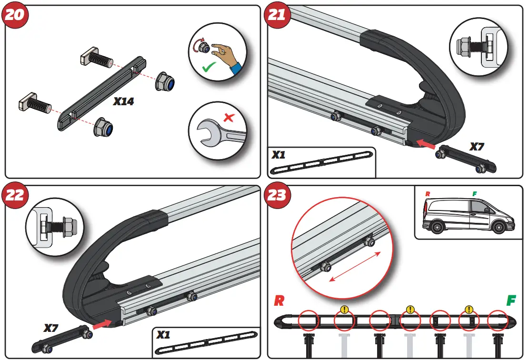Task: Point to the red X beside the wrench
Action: (x=230, y=116)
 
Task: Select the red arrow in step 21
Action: (x=425, y=144)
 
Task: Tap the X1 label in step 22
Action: (x=164, y=335)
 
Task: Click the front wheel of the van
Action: (x=498, y=228)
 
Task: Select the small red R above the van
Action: (x=427, y=194)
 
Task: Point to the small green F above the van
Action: (x=474, y=194)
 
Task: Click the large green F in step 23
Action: (x=511, y=301)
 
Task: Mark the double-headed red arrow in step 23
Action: (x=355, y=267)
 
